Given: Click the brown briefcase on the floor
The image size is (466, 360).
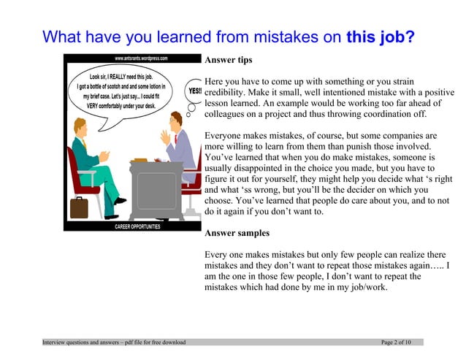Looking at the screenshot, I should (x=78, y=207).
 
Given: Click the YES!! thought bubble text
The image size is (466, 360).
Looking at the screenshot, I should (x=194, y=91).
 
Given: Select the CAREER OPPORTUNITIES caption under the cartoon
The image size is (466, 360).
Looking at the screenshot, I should (x=137, y=227).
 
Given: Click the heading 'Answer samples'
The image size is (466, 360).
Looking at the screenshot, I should (x=237, y=234).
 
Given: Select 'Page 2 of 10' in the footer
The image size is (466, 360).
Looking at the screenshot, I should (x=397, y=342).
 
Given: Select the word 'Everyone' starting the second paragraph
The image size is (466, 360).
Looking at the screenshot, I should (x=226, y=136).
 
